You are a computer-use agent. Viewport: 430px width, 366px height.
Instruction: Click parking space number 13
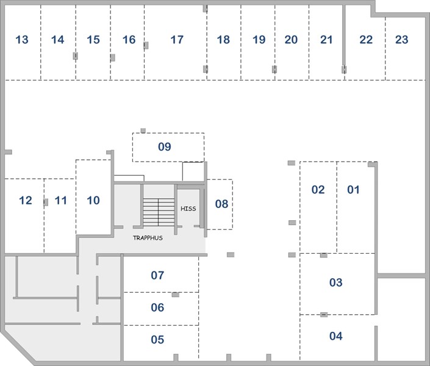coord(22,40)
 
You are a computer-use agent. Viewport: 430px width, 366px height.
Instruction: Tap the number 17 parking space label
coord(177,40)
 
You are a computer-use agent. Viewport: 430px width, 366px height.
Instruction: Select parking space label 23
coord(402,40)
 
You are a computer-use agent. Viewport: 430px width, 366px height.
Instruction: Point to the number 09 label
coord(165,147)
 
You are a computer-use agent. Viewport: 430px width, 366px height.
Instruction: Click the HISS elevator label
coord(188,209)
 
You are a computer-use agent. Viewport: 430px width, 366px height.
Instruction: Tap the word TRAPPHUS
coord(148,238)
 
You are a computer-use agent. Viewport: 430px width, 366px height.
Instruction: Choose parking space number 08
coord(221,204)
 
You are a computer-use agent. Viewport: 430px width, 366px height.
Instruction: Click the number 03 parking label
coord(336,282)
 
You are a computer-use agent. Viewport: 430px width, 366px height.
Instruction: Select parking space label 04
coord(336,336)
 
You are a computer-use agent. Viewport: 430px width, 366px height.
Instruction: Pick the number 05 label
coord(157,340)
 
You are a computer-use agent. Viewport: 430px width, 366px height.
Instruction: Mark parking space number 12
coord(26,200)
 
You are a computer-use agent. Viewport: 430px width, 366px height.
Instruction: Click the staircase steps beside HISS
coord(159,212)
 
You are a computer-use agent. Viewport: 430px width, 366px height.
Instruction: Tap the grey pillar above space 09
coord(143,131)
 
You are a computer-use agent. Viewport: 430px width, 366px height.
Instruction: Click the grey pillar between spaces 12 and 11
coord(46,202)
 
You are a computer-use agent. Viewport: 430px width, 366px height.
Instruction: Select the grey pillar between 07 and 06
coord(176,295)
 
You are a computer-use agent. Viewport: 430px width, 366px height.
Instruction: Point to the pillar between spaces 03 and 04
coord(324,314)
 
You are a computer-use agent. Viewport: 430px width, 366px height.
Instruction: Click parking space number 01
coord(353,190)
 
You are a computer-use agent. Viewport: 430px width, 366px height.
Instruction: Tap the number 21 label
coord(326,40)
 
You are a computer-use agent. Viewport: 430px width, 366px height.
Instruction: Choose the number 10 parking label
coord(93,200)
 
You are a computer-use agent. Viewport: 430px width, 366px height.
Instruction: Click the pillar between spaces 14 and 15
coord(76,56)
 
